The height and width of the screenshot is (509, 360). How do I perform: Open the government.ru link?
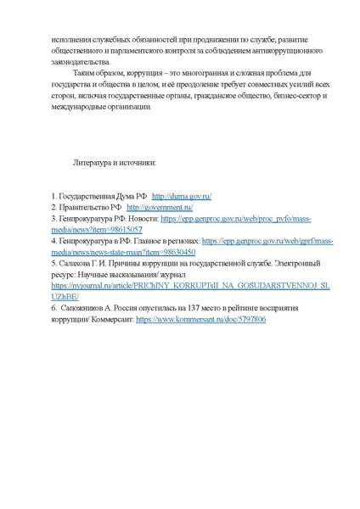(x=160, y=207)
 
